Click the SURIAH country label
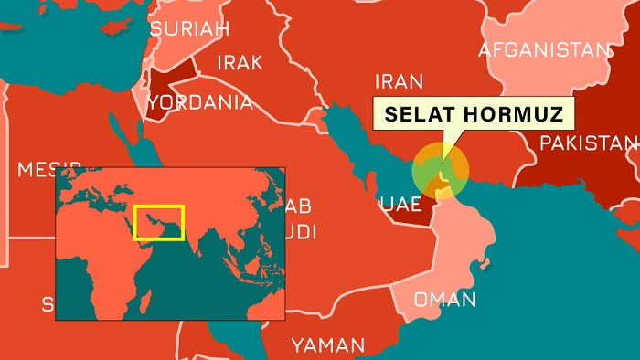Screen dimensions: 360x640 [188, 29]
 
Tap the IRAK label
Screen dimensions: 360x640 [240, 63]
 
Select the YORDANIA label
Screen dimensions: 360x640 [199, 102]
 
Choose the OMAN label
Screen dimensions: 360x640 [444, 300]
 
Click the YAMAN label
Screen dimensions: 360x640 [327, 345]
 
